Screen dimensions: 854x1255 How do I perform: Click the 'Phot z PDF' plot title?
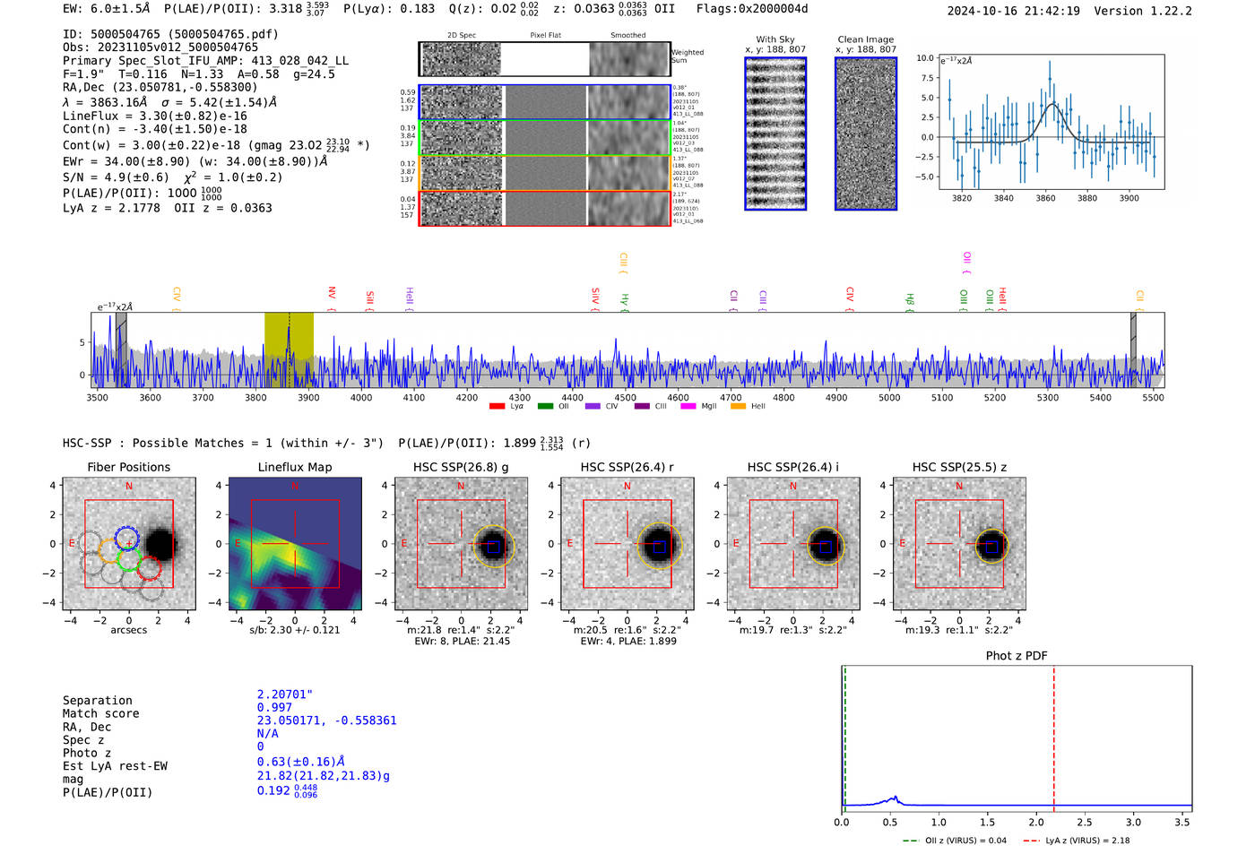[1017, 656]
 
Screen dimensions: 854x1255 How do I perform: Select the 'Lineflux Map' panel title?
[295, 467]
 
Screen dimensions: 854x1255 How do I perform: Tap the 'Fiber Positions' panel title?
[128, 467]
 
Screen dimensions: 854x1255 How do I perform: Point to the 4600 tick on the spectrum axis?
[678, 397]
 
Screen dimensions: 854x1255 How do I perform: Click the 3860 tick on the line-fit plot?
[1045, 198]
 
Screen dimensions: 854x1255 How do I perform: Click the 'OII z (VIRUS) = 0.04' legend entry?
[956, 841]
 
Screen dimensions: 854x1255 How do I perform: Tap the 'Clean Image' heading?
[865, 39]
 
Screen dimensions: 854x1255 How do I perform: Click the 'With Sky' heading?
[775, 39]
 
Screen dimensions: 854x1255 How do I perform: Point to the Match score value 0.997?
[274, 708]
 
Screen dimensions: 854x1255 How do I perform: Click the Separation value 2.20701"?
[285, 694]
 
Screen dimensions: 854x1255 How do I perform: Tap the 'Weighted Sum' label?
[688, 56]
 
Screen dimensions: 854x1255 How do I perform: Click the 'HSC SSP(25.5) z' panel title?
[959, 467]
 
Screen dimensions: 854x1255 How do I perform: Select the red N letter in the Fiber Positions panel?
[129, 487]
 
